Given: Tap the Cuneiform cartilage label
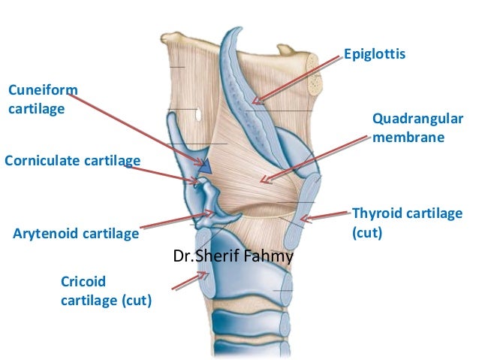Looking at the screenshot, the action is click(x=42, y=100).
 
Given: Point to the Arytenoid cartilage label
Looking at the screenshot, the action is click(x=76, y=233).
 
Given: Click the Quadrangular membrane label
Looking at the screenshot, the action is click(x=417, y=129).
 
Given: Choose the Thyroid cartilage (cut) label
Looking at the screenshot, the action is click(x=406, y=222).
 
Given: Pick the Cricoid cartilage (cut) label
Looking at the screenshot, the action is click(x=105, y=291).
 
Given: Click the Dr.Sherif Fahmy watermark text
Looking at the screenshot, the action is click(x=233, y=257).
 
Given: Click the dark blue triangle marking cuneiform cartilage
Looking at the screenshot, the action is click(x=205, y=166).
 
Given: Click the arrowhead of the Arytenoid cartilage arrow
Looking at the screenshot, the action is click(x=212, y=216).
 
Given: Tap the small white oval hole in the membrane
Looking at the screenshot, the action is click(x=197, y=115).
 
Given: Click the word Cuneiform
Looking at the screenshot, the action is click(x=42, y=91).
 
